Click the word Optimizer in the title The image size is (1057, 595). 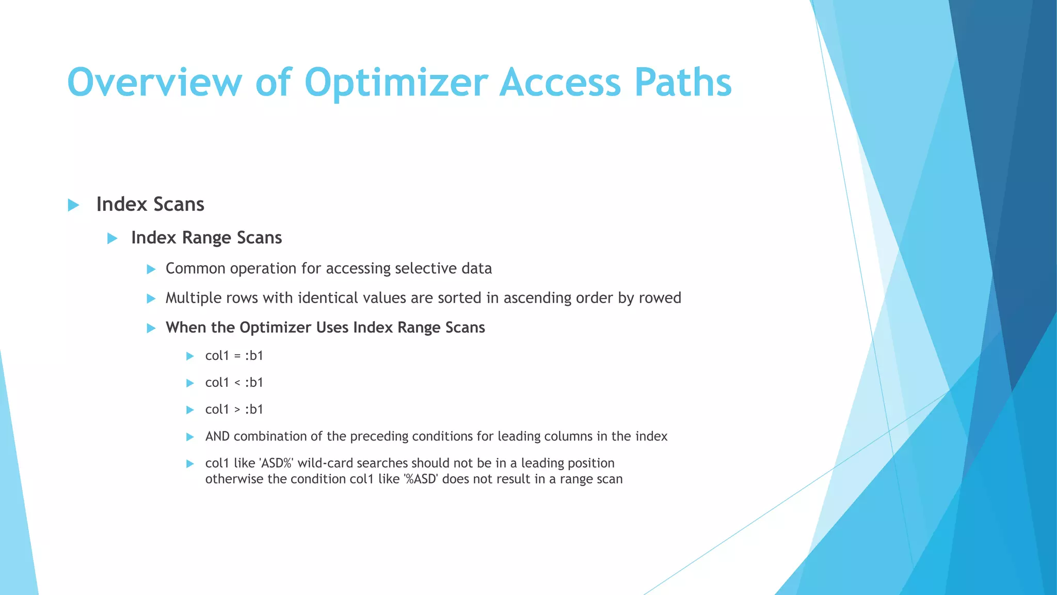(396, 83)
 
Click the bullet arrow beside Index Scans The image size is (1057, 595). (73, 205)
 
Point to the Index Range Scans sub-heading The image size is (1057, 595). (206, 238)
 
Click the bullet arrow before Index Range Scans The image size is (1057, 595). (112, 238)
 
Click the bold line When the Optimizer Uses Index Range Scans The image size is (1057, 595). (325, 327)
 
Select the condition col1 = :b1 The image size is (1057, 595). (234, 356)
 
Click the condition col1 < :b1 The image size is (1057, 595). (234, 383)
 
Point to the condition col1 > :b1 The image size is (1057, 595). (234, 410)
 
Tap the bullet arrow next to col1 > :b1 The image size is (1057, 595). (190, 410)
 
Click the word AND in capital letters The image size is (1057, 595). (217, 436)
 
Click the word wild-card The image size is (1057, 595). (325, 463)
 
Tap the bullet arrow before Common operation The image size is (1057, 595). (151, 269)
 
